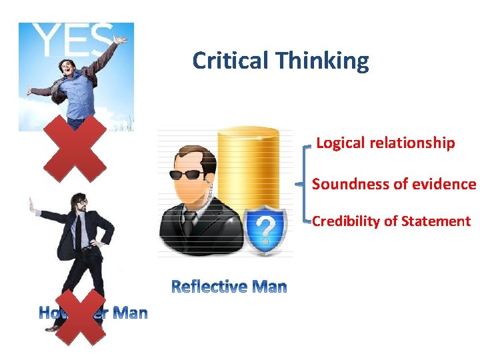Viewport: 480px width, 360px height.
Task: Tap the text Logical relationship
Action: click(x=385, y=143)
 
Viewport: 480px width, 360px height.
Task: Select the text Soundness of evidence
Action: click(x=393, y=184)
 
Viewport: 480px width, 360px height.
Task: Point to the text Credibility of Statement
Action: click(x=391, y=221)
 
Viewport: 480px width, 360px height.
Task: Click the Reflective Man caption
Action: click(x=229, y=287)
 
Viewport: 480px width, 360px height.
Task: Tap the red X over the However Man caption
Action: click(x=79, y=316)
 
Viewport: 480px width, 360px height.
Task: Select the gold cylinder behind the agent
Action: click(x=248, y=167)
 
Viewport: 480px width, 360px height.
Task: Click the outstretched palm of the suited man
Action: click(x=32, y=207)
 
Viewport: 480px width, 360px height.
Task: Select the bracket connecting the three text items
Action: click(x=306, y=181)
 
